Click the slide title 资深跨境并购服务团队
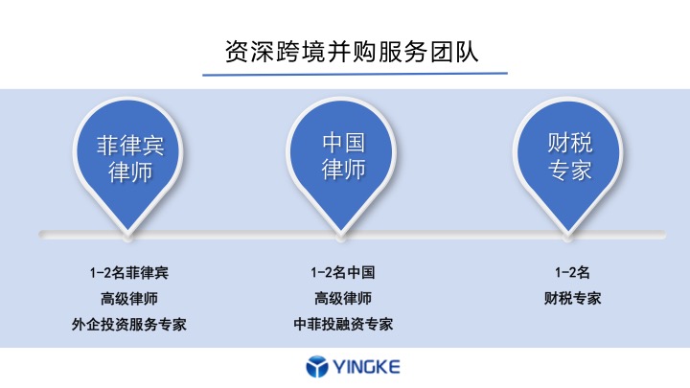click(x=352, y=52)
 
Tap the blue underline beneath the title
click(x=355, y=74)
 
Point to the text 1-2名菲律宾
click(x=129, y=273)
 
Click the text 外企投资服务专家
click(x=129, y=325)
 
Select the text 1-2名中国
click(x=343, y=273)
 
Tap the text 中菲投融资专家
click(x=343, y=325)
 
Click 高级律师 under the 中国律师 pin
click(x=343, y=299)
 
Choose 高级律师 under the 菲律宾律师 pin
click(x=129, y=299)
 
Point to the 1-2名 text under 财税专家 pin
click(x=572, y=273)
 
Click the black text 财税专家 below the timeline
click(x=572, y=299)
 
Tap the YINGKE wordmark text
click(x=366, y=366)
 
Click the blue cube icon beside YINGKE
click(x=317, y=366)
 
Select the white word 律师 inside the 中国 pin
click(x=343, y=170)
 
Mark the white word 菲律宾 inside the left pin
click(x=130, y=146)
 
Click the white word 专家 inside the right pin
click(x=570, y=171)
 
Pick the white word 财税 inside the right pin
click(x=570, y=143)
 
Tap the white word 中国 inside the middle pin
click(x=343, y=143)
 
